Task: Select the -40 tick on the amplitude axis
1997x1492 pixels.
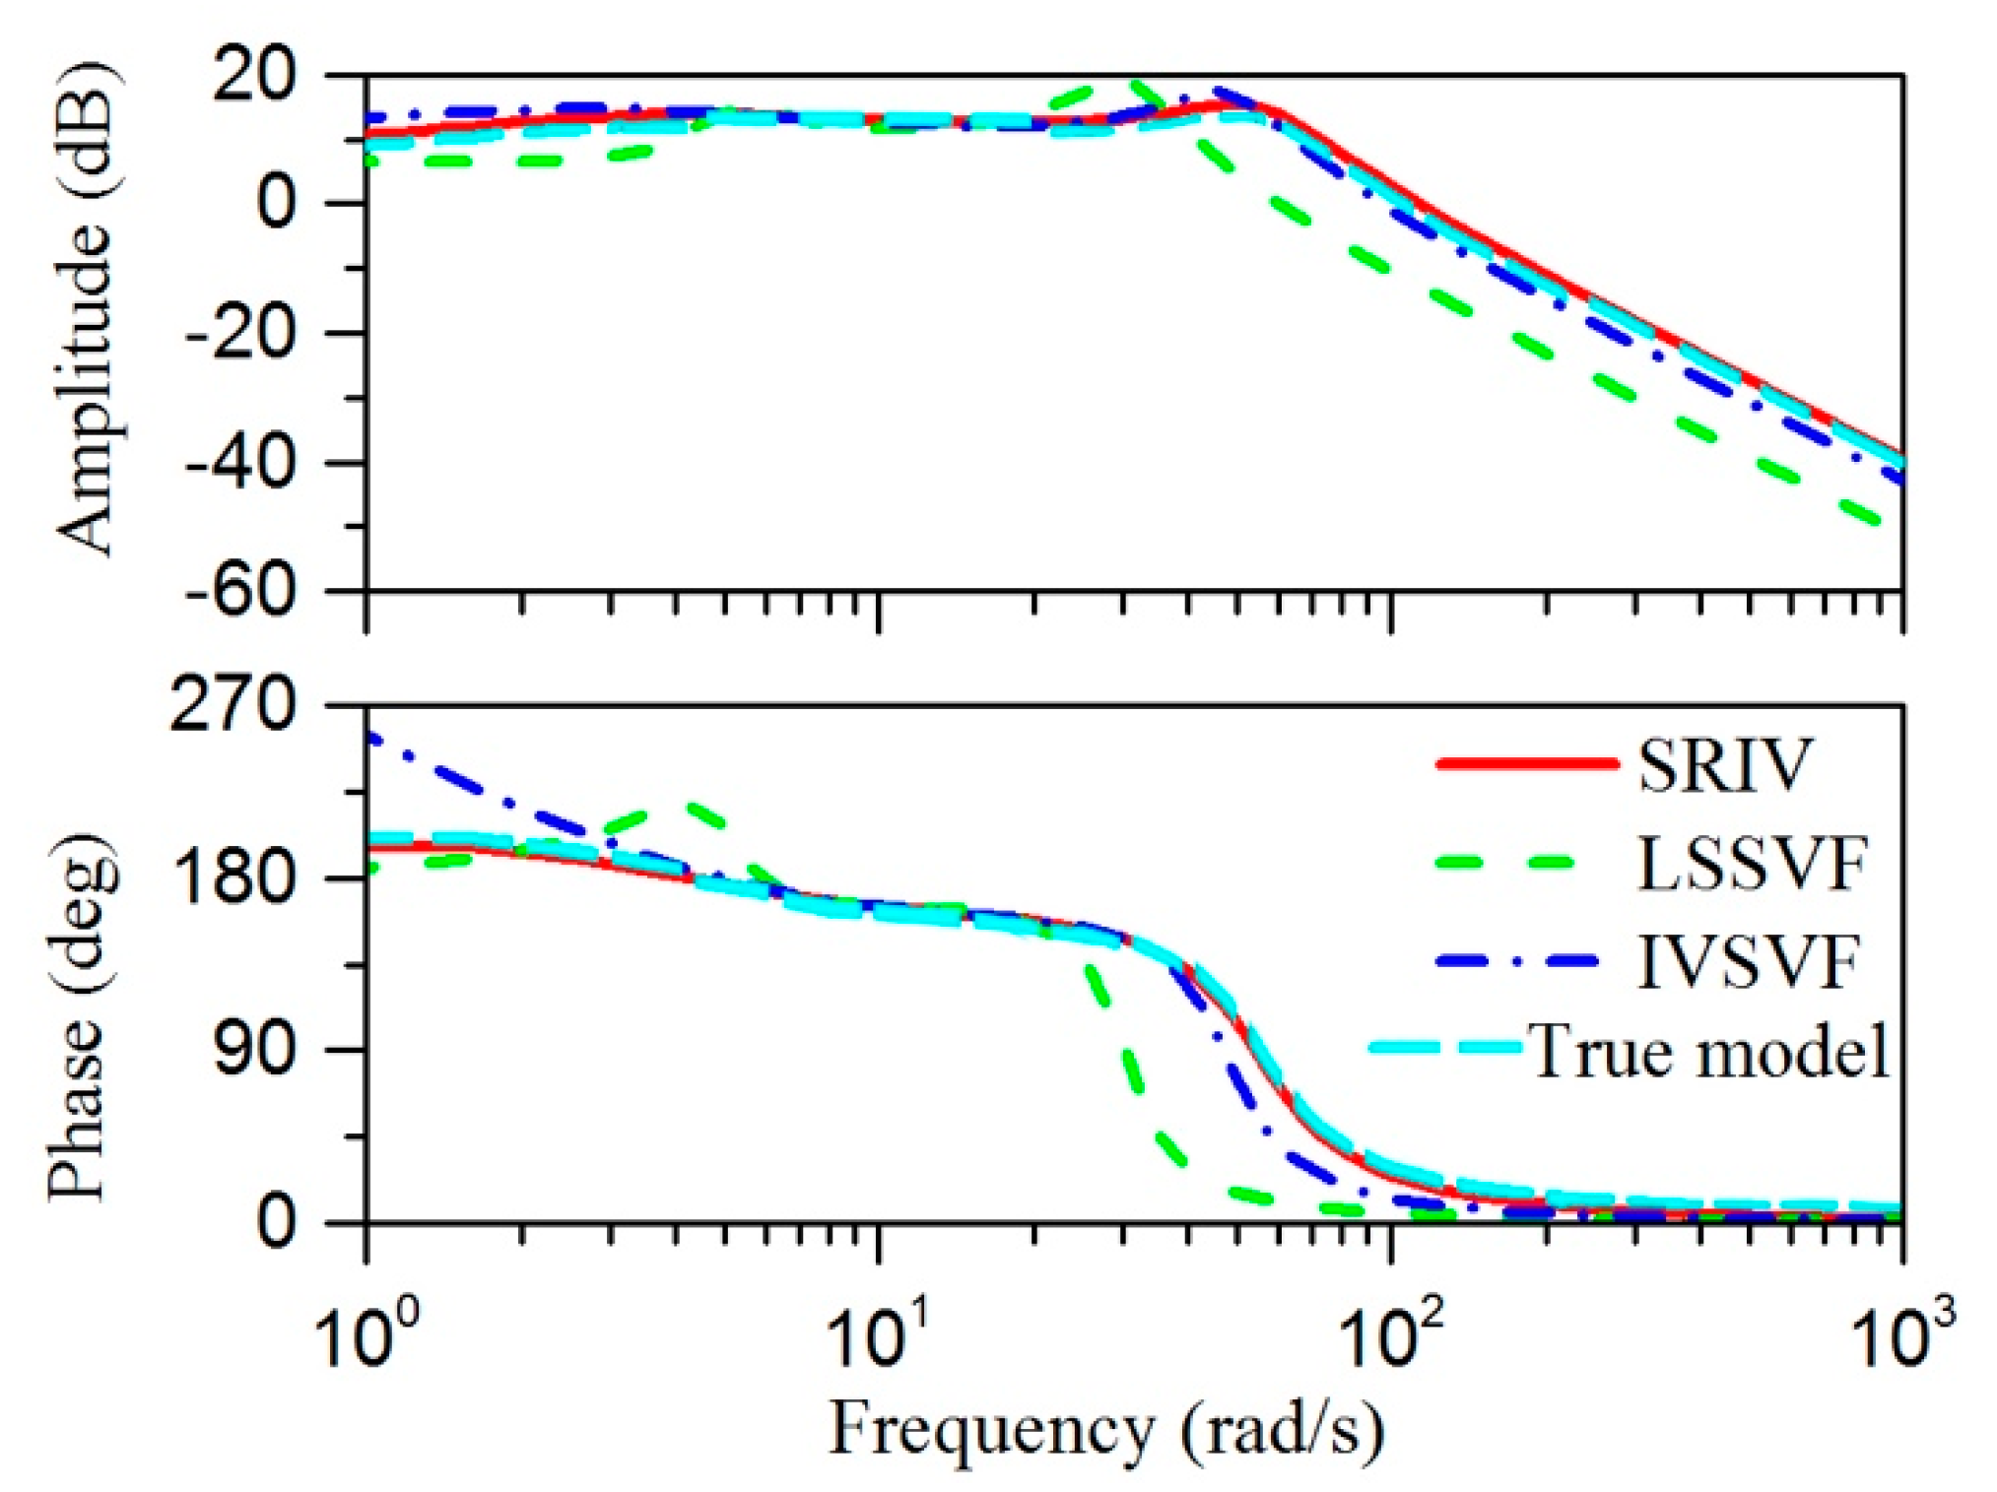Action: (x=240, y=462)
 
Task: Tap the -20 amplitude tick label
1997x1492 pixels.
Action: (x=240, y=333)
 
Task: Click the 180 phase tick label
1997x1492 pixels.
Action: (x=233, y=876)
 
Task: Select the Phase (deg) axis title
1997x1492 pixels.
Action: (x=79, y=1019)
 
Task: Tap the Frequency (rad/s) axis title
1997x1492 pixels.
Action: (x=1105, y=1431)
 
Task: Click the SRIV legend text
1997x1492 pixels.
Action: (x=1724, y=764)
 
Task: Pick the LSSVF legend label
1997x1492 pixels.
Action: (x=1752, y=864)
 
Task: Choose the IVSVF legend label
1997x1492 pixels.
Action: (x=1748, y=961)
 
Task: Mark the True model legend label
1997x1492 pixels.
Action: (x=1708, y=1051)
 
